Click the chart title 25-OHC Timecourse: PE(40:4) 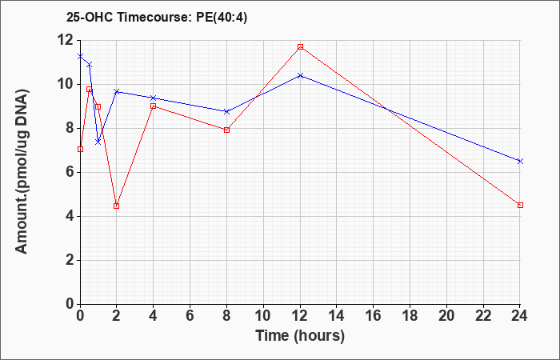coord(157,18)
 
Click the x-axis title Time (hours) coord(300,336)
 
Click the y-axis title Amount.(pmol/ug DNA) coord(22,171)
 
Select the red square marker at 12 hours coord(300,46)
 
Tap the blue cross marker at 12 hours coord(300,75)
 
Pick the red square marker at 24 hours coord(520,205)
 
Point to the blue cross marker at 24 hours coord(520,161)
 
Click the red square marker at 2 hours coord(117,206)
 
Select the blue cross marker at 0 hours coord(80,56)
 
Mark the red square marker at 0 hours coord(80,149)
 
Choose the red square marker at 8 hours coord(226,130)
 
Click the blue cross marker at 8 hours coord(226,111)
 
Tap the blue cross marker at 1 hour coord(98,142)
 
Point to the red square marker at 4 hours coord(154,106)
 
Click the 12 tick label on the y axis coord(66,40)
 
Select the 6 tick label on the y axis coord(70,172)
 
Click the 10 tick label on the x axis coord(263,316)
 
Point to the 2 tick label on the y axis coord(70,260)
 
